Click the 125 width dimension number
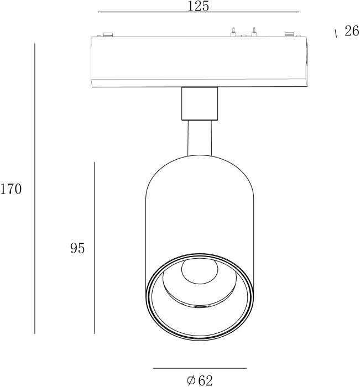click(198, 6)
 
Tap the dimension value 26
click(352, 32)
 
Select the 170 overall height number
click(11, 190)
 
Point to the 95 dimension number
click(77, 249)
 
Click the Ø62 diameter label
click(200, 380)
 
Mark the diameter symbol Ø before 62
click(191, 380)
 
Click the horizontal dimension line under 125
click(198, 12)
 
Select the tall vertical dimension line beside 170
click(35, 188)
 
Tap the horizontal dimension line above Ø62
click(200, 368)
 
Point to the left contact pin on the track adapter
click(233, 32)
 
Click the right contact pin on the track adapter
click(254, 32)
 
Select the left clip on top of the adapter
click(106, 35)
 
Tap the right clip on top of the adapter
click(289, 35)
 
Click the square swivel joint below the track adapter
click(199, 103)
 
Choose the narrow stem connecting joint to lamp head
click(199, 138)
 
